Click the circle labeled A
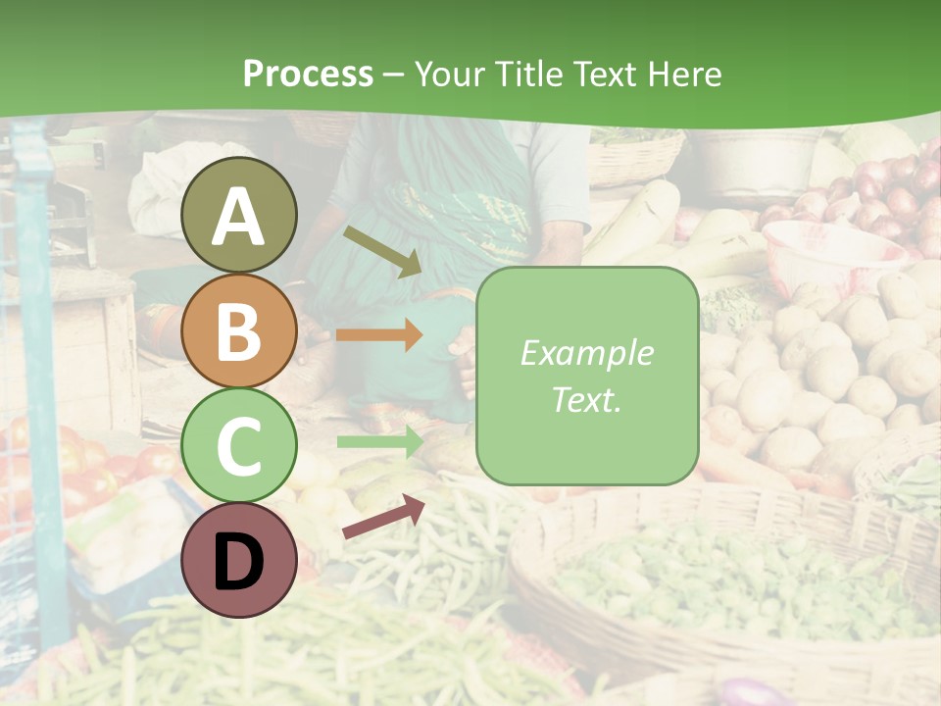tap(239, 215)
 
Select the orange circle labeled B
tap(239, 330)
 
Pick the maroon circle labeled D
tap(239, 560)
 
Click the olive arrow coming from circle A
tap(381, 251)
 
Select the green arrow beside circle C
tap(379, 442)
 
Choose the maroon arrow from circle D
tap(382, 517)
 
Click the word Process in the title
tap(308, 74)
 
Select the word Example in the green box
tap(586, 353)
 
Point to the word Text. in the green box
tap(586, 399)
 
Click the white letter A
tap(239, 217)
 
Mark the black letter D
tap(239, 562)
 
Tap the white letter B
tap(239, 331)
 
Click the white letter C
tap(239, 446)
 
